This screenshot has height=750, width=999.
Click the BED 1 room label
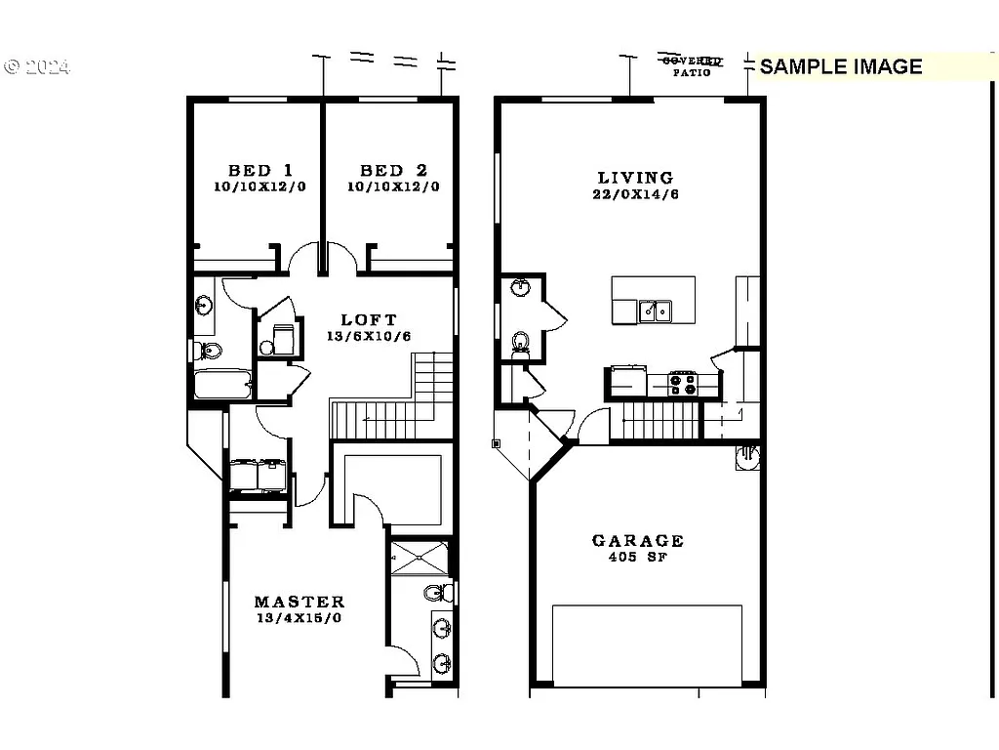(x=260, y=170)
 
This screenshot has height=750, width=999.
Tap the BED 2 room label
(x=393, y=170)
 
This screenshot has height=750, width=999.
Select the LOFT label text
(x=369, y=319)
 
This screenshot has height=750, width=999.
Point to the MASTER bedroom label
(x=300, y=602)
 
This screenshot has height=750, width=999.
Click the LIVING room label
(x=635, y=178)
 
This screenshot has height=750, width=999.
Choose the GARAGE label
(x=638, y=540)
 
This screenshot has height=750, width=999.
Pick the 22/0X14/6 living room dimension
(x=636, y=195)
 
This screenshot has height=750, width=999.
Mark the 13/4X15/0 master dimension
(x=300, y=618)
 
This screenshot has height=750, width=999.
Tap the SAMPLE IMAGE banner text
(x=840, y=66)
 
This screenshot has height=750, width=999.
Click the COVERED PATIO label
(x=693, y=65)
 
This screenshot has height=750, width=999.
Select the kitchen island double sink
(x=655, y=311)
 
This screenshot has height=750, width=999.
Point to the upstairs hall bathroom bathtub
(x=222, y=384)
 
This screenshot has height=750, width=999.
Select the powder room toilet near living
(x=521, y=342)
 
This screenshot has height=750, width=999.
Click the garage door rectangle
(x=647, y=645)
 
